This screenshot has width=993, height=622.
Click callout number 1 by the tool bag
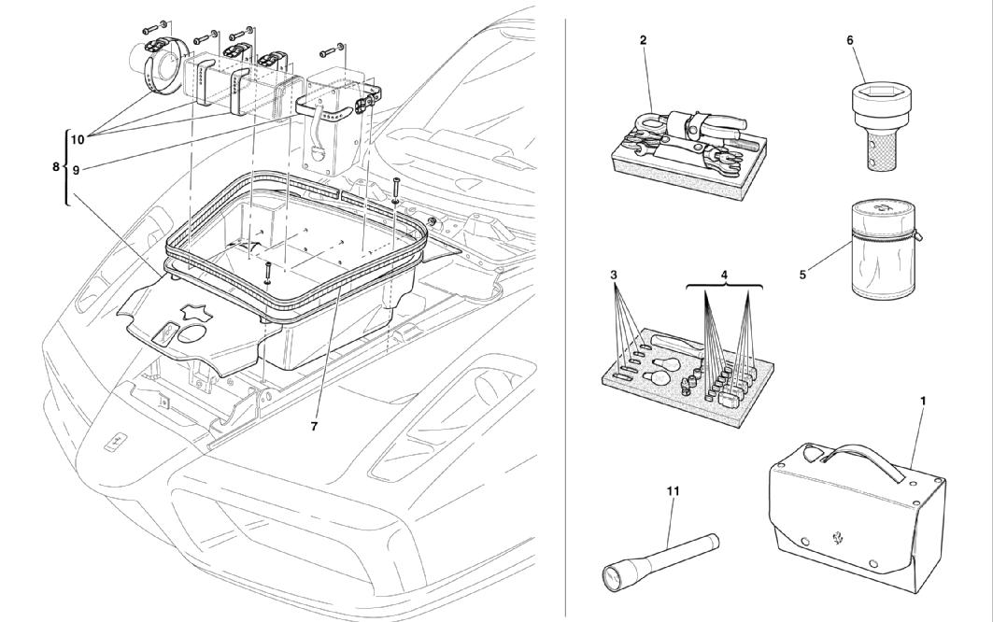(923, 401)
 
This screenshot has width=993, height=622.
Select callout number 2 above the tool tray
(644, 40)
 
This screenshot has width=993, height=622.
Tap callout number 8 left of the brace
(54, 167)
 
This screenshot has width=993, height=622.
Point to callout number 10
(78, 139)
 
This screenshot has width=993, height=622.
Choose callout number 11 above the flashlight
(673, 490)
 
